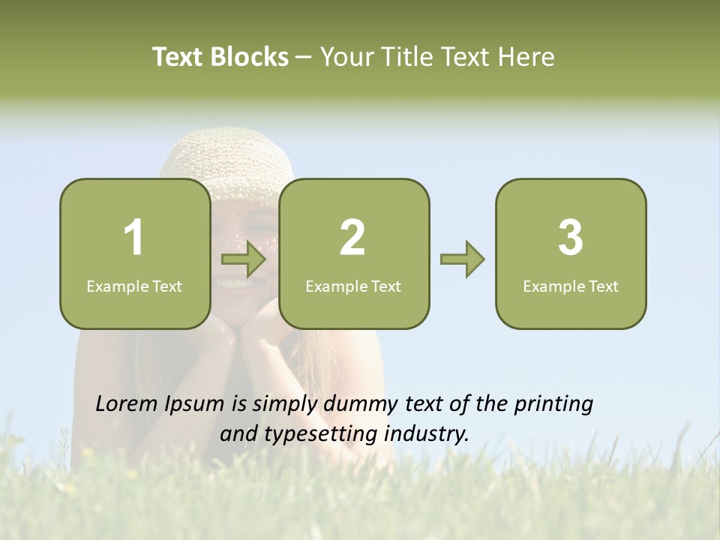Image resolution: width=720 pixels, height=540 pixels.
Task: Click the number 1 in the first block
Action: pyautogui.click(x=134, y=238)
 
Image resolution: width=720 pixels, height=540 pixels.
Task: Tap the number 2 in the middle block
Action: pyautogui.click(x=352, y=238)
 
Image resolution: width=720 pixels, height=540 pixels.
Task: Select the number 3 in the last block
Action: pyautogui.click(x=571, y=238)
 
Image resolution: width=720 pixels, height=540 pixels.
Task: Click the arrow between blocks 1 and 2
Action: pyautogui.click(x=244, y=259)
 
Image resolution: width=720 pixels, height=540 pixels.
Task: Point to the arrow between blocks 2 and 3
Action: pyautogui.click(x=462, y=259)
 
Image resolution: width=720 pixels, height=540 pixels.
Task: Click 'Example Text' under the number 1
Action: pyautogui.click(x=134, y=286)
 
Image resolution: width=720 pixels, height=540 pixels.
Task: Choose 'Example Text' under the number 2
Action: pyautogui.click(x=353, y=286)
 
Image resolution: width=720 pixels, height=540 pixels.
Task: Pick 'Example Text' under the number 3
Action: pyautogui.click(x=571, y=286)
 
